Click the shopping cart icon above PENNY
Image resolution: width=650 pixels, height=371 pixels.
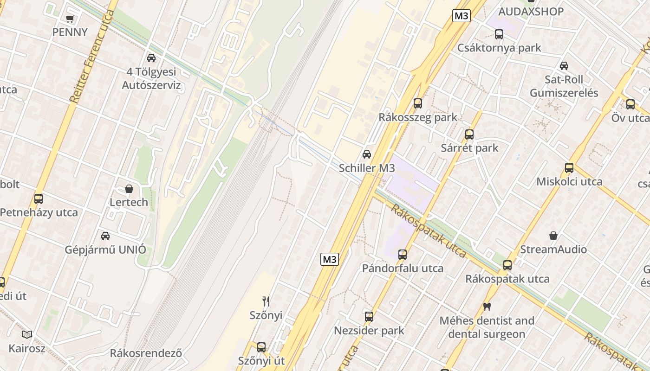point(70,19)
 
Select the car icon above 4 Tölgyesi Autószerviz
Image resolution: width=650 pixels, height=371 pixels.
point(151,58)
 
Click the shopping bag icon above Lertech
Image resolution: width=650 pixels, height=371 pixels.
point(129,189)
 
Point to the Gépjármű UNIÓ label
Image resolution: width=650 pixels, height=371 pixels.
point(105,249)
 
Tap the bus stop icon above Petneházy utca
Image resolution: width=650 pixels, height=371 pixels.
point(39,199)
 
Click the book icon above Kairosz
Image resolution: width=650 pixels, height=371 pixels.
point(27,334)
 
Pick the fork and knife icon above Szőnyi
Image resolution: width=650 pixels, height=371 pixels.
point(266,301)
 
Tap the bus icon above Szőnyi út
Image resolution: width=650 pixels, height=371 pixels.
point(261,347)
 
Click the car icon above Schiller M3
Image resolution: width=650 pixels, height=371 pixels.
point(367,154)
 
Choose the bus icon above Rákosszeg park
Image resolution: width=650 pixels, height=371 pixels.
point(418,103)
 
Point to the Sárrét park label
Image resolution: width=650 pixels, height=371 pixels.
point(469,148)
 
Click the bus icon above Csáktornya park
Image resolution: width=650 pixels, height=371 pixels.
point(499,34)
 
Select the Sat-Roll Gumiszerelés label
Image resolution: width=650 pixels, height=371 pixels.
point(564,86)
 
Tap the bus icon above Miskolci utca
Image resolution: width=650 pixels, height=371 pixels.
point(569,168)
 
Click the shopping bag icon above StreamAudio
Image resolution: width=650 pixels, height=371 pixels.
point(553,236)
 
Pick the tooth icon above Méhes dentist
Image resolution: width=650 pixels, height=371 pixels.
point(487,307)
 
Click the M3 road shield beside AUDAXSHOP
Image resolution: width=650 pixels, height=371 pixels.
point(461,16)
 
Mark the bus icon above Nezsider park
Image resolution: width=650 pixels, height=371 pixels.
point(369,317)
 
